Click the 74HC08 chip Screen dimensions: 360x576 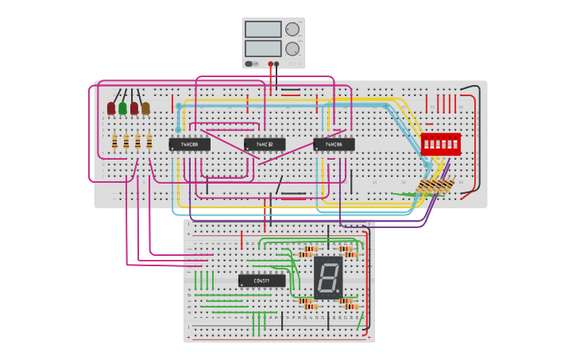189,145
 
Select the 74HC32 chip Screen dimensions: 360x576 265,145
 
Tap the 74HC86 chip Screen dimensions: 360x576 334,145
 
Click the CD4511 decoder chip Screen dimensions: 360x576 261,281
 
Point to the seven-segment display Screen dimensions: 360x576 328,277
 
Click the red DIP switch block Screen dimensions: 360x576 440,144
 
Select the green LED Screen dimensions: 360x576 122,108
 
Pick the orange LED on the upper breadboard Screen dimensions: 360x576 145,108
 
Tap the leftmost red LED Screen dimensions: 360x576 111,108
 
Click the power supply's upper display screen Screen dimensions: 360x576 263,29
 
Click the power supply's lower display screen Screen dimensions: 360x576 263,48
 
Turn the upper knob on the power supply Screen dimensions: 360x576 292,29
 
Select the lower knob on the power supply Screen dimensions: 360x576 292,48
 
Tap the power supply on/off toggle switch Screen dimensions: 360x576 249,64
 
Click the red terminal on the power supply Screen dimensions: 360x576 270,64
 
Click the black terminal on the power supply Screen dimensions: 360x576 276,64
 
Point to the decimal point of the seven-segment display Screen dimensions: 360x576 338,292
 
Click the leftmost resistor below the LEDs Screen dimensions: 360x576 114,141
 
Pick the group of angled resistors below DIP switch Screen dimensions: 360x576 435,187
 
